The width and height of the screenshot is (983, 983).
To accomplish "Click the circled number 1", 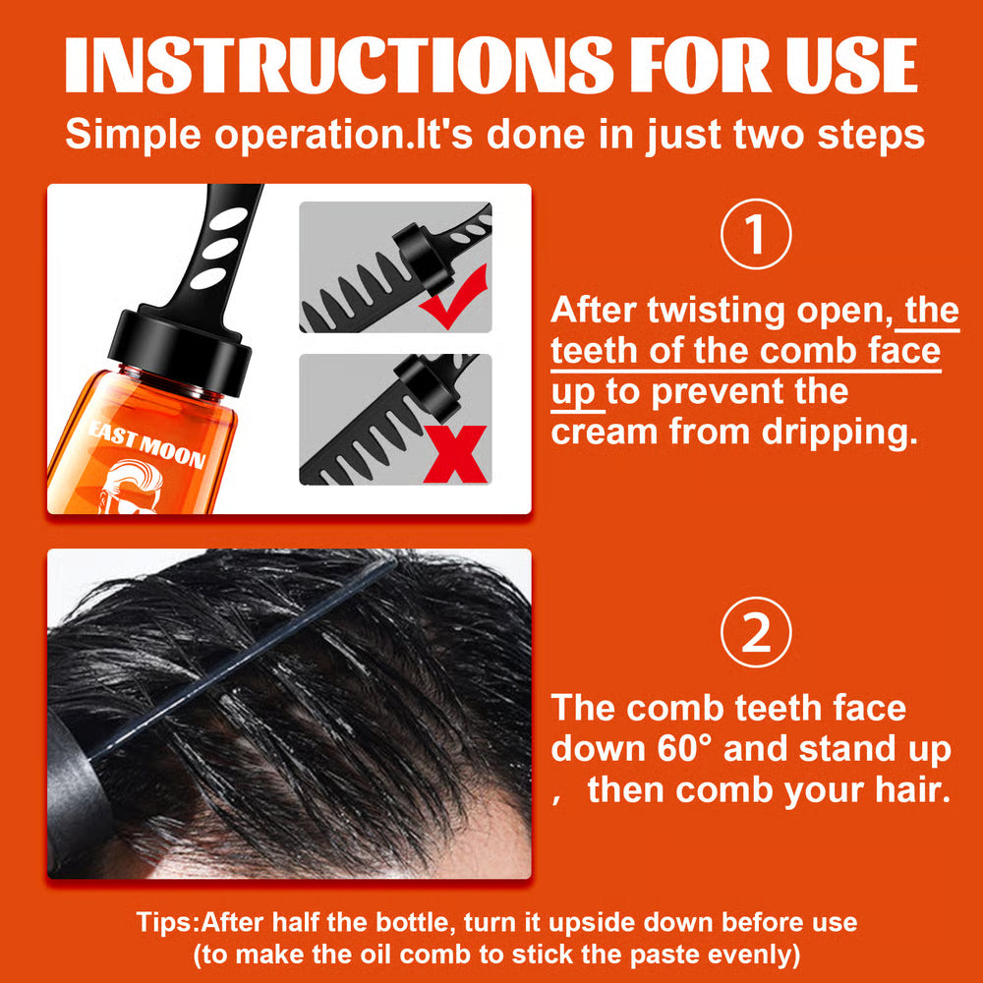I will coord(755,236).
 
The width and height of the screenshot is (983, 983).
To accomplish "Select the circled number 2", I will coord(755,635).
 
